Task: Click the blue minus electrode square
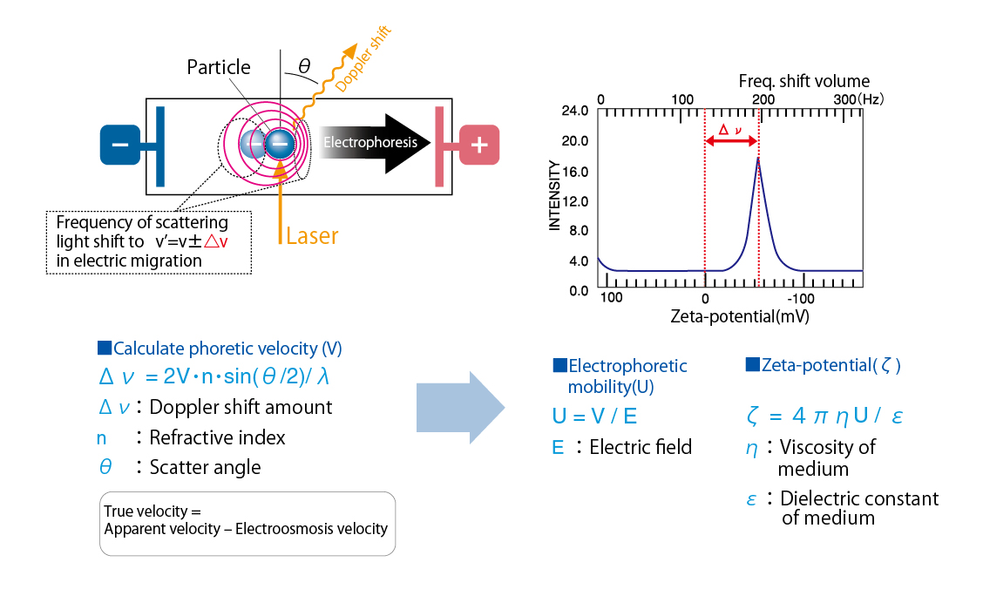[x=120, y=145]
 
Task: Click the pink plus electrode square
[x=479, y=145]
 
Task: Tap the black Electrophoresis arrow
[x=374, y=143]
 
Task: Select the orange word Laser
[x=312, y=235]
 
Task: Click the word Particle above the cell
[x=219, y=67]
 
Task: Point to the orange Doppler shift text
[x=363, y=59]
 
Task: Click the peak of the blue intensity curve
[x=758, y=158]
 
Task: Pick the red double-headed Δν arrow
[x=732, y=141]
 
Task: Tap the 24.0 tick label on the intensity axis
[x=575, y=111]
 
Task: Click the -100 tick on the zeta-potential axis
[x=801, y=298]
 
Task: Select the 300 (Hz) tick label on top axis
[x=858, y=99]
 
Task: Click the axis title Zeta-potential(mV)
[x=740, y=315]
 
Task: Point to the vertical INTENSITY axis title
[x=554, y=195]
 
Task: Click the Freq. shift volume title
[x=804, y=81]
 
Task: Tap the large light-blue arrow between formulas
[x=460, y=408]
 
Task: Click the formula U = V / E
[x=594, y=417]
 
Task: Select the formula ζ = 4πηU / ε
[x=824, y=416]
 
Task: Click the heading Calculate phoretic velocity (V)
[x=220, y=349]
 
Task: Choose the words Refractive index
[x=217, y=437]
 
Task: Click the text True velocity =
[x=153, y=511]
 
